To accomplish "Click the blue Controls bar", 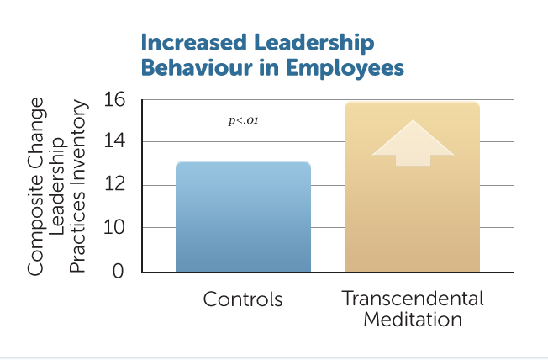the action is click(x=243, y=216).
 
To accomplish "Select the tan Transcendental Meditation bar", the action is click(x=412, y=187).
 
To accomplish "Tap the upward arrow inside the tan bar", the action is click(x=413, y=144).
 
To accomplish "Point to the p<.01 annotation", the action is click(x=243, y=120).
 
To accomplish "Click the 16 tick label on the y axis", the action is click(x=114, y=99).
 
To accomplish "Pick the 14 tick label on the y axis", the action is click(x=114, y=141).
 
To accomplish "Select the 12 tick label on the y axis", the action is click(x=114, y=183).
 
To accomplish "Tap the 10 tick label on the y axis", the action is click(x=114, y=227).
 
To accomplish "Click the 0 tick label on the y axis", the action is click(x=119, y=271).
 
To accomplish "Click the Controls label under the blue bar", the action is click(x=243, y=299).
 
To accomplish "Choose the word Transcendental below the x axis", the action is click(x=413, y=299).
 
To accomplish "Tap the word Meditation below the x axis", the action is click(x=413, y=320).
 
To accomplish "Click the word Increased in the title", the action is click(x=194, y=42).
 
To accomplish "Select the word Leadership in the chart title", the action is click(x=314, y=44).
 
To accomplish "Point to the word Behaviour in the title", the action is click(x=197, y=67).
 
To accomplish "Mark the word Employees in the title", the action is click(x=345, y=68).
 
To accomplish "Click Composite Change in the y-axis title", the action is click(x=35, y=186).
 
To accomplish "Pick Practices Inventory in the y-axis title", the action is click(x=77, y=186).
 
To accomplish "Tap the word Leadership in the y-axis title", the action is click(x=57, y=186).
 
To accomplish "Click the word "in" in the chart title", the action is click(x=269, y=67).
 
